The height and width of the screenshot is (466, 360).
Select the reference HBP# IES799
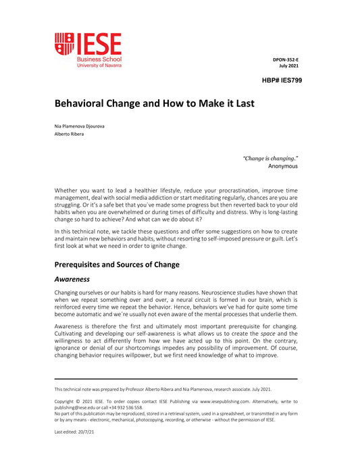(279, 80)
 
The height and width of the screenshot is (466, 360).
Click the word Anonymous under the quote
(283, 165)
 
